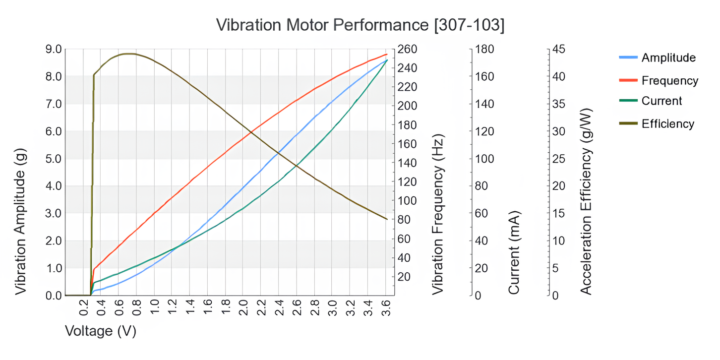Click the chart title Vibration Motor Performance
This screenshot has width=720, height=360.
[360, 25]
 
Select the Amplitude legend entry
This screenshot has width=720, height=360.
[668, 58]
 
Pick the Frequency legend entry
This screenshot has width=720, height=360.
[669, 80]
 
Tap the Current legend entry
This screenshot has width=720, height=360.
[661, 101]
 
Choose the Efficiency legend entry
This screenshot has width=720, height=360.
[667, 123]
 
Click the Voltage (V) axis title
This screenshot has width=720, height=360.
[101, 331]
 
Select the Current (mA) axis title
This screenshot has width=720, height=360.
[514, 253]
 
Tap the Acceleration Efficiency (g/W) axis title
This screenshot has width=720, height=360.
[587, 201]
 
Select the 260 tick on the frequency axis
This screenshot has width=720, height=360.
[408, 50]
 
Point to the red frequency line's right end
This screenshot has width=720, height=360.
[386, 54]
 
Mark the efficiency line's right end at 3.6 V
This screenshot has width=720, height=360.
[386, 219]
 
